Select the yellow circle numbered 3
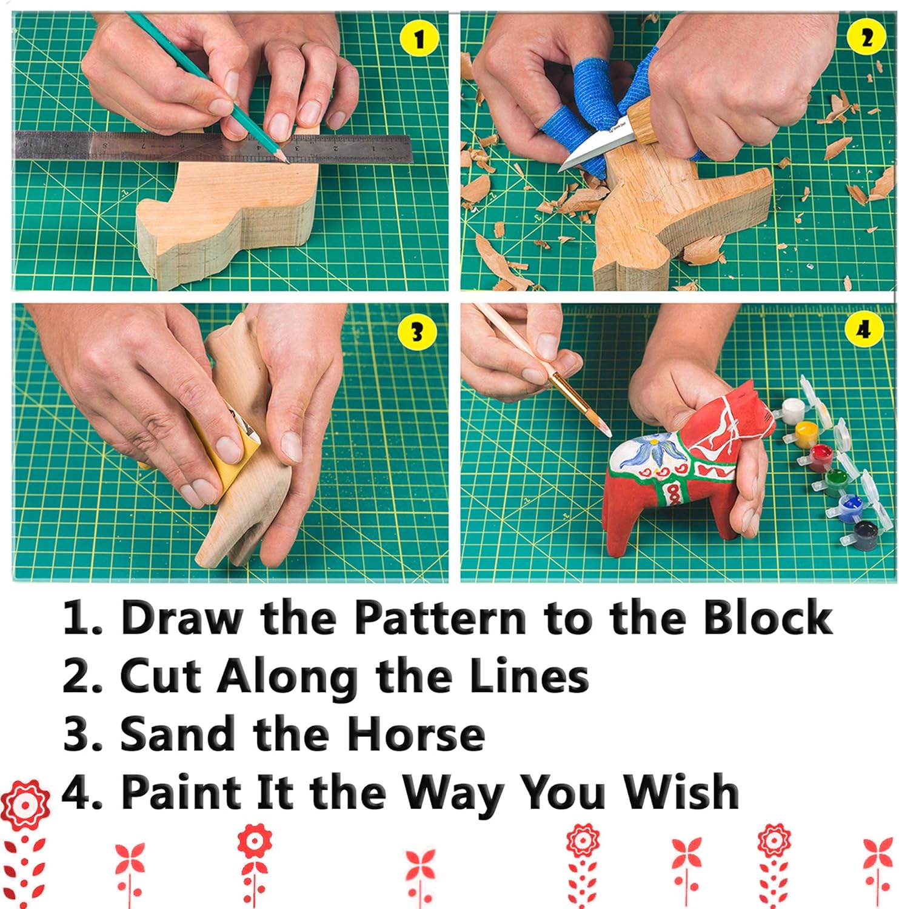pyautogui.click(x=416, y=332)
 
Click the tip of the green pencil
pyautogui.click(x=284, y=159)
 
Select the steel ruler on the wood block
pyautogui.click(x=212, y=147)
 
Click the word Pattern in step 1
pyautogui.click(x=441, y=618)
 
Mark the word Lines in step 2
pyautogui.click(x=529, y=676)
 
